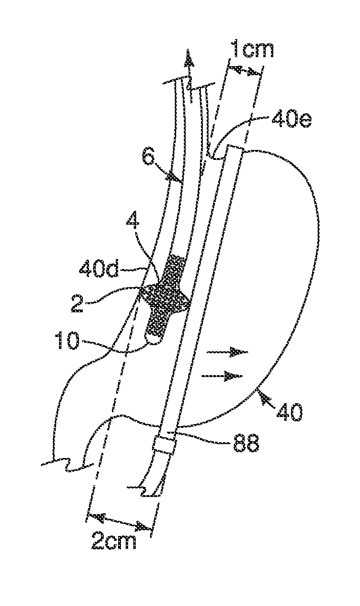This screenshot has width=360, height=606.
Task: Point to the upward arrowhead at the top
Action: pyautogui.click(x=190, y=59)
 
